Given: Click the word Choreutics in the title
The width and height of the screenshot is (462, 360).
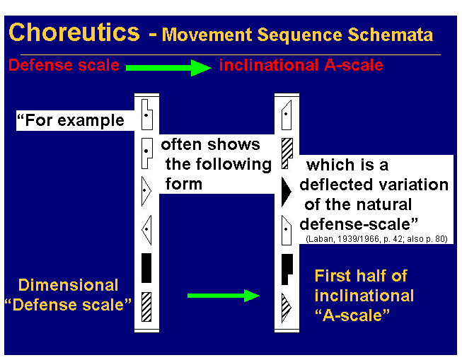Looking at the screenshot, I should pos(75,33).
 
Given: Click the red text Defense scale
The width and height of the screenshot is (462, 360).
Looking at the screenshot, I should pos(63,66).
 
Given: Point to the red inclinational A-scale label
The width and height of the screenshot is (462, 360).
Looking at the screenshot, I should pos(301,66).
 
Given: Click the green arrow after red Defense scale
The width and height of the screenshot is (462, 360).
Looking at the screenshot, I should pos(169,67).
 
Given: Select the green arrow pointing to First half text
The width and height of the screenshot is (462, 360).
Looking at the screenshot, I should pos(224,295).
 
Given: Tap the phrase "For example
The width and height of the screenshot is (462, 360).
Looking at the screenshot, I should pos(70,120).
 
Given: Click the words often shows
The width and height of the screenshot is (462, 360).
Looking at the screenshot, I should pos(210,145).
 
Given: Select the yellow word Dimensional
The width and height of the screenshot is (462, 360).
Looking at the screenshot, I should pos(69,286).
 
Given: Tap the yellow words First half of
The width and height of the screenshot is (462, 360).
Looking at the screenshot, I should pos(361,276).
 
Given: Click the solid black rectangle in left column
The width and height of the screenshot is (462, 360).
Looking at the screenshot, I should pos(146,267).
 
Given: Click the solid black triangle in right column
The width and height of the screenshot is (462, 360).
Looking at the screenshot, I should pos(286,191).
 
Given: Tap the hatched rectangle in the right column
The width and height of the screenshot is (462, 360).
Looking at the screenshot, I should pos(287,151).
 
